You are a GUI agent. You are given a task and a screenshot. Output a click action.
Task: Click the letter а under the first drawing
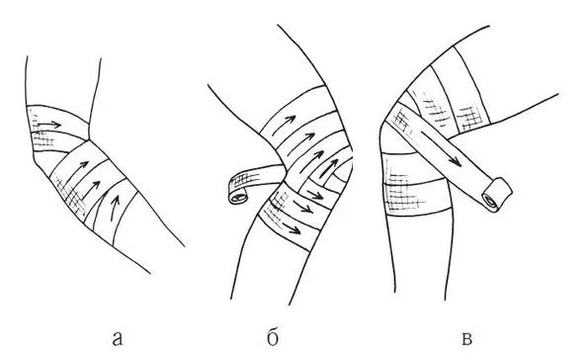click(x=118, y=338)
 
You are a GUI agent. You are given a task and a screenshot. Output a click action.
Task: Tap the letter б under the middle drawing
click(x=273, y=337)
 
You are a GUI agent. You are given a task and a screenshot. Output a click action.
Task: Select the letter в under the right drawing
click(x=466, y=338)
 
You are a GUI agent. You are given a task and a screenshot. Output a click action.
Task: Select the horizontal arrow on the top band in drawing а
click(x=49, y=125)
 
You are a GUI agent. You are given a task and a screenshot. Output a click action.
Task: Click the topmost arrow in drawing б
click(x=284, y=126)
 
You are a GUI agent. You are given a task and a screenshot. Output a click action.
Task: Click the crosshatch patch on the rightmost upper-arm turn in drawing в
click(x=468, y=118)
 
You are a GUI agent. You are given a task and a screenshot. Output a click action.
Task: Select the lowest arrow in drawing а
click(x=115, y=208)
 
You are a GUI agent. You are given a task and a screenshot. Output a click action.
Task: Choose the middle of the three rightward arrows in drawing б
click(x=303, y=208)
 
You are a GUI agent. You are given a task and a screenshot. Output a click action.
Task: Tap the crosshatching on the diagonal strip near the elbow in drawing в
click(x=401, y=120)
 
